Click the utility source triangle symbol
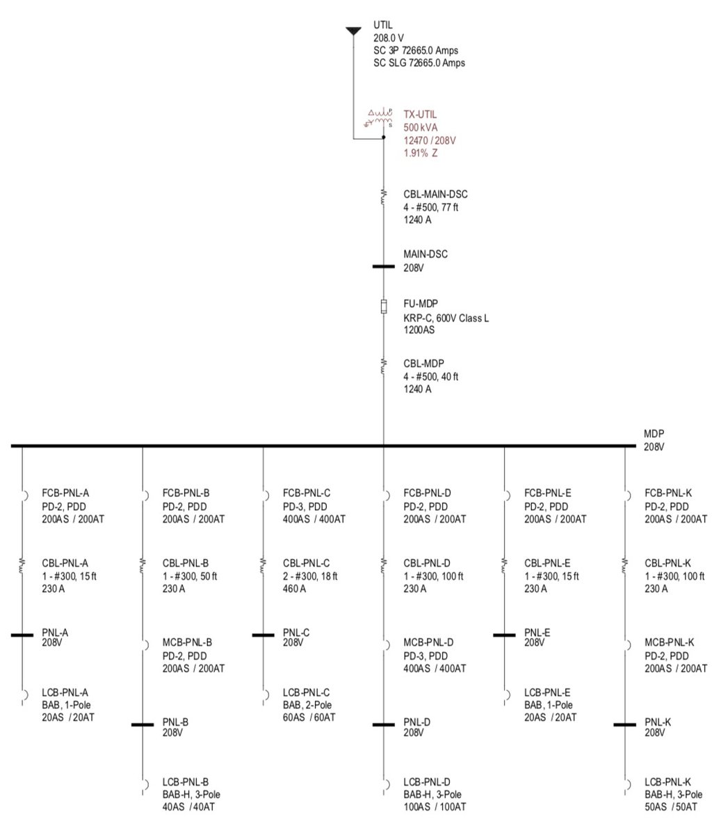[353, 31]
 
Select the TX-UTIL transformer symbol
[380, 120]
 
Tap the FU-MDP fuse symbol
[383, 307]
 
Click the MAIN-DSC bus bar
[383, 266]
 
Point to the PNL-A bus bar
[22, 635]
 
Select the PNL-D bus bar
[383, 724]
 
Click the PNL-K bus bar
[624, 724]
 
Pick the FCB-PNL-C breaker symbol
[264, 496]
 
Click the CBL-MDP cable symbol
[383, 366]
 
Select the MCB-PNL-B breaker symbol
[144, 645]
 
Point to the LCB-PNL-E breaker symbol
[505, 694]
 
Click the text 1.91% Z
[420, 153]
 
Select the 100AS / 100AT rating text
[435, 806]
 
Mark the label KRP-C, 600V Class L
[446, 318]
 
